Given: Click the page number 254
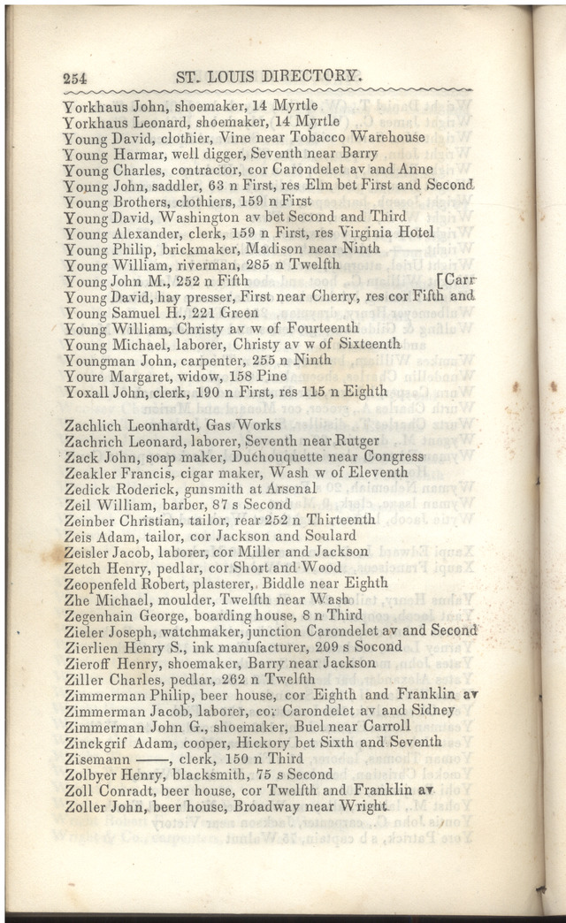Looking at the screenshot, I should (80, 78).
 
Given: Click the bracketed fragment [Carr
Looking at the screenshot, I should (455, 280).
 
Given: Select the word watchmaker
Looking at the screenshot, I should (205, 630).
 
